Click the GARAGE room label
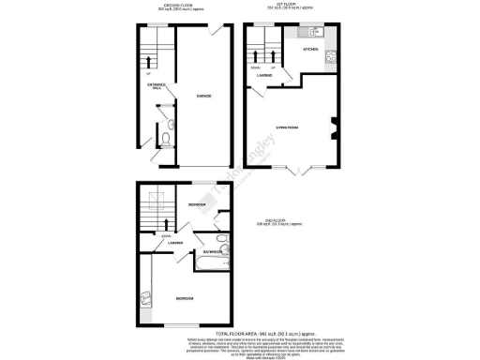202,96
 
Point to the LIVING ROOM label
288,126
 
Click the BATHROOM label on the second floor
208,251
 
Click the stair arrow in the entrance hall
147,53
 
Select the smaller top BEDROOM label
198,204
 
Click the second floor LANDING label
175,244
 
